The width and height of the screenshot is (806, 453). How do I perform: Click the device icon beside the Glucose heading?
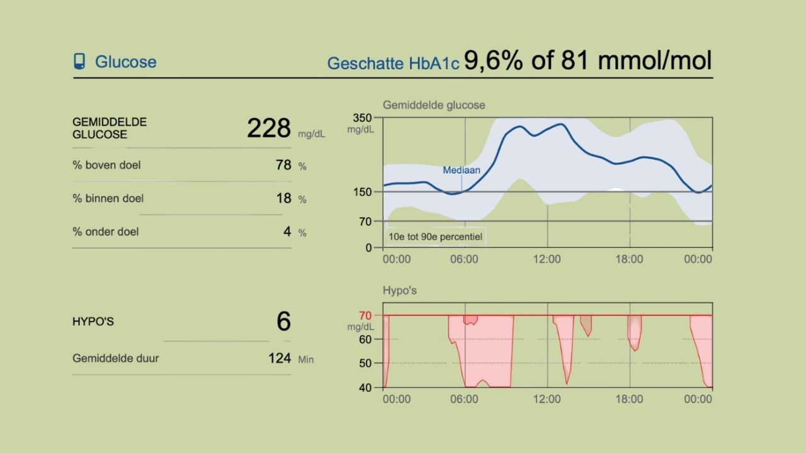point(79,62)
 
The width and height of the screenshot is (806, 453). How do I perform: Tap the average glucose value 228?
point(269,128)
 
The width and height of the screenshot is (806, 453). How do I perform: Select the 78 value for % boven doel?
point(283,165)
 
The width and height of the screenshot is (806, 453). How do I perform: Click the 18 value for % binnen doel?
point(283,199)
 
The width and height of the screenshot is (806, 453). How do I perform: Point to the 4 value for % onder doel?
point(287,232)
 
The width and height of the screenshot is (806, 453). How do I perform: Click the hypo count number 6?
point(283,322)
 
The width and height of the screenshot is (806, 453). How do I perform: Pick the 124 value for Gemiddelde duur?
point(280,359)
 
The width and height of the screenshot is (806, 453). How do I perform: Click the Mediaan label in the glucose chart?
point(461,171)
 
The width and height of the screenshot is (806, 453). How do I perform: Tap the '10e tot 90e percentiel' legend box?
point(434,237)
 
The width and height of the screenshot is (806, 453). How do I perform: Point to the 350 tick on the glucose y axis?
point(363,118)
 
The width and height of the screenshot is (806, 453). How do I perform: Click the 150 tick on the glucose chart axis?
point(363,192)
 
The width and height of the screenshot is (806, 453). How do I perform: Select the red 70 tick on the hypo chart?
point(365,315)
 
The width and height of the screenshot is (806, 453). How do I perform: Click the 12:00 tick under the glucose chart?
point(547,259)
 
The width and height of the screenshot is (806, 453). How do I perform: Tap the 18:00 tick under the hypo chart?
point(629,399)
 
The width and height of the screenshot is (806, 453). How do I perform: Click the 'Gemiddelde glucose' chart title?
point(434,105)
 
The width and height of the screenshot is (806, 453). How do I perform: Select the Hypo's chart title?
point(400,291)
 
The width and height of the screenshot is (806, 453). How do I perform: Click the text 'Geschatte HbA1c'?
point(393,64)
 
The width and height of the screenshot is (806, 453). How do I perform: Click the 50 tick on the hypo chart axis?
point(365,363)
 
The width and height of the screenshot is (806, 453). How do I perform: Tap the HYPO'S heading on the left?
point(93,322)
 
